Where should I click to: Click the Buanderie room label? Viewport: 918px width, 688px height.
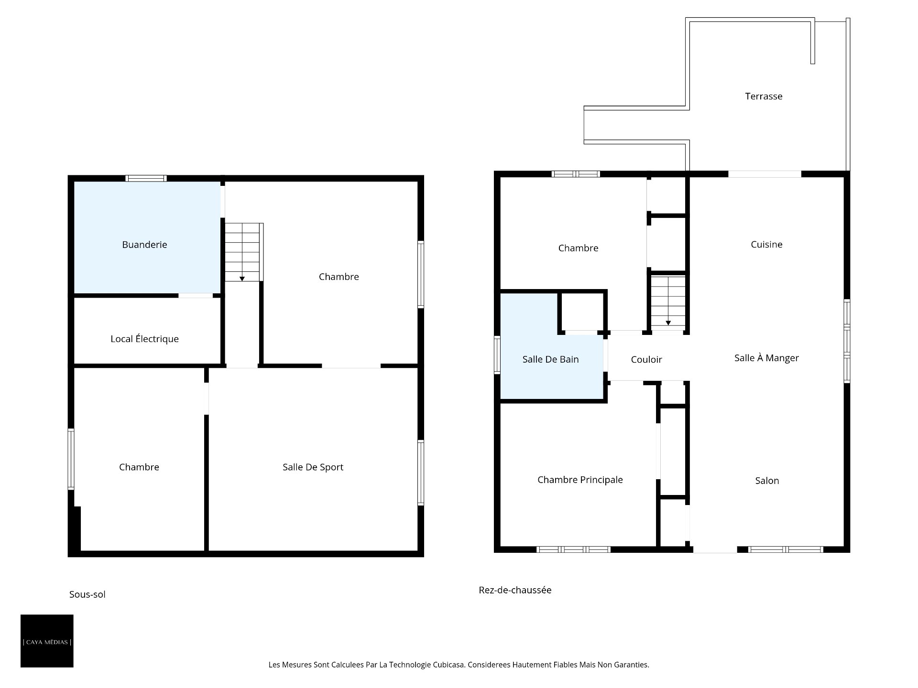tap(144, 245)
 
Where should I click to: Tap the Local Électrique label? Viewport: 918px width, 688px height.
tap(144, 339)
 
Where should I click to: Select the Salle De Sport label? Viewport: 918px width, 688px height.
tap(313, 467)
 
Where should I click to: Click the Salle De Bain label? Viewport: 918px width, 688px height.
tap(550, 359)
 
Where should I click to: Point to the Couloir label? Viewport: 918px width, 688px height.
tap(646, 360)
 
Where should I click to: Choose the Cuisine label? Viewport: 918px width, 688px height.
tap(766, 245)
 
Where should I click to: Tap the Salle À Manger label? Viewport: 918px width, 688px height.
tap(766, 358)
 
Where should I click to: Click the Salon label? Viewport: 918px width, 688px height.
tap(767, 481)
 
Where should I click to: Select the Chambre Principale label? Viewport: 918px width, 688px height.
tap(580, 480)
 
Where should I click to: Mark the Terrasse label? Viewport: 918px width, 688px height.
tap(764, 97)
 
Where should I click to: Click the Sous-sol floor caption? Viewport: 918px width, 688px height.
tap(87, 594)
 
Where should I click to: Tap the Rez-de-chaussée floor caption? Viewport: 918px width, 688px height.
tap(515, 590)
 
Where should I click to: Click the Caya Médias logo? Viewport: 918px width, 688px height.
tap(47, 641)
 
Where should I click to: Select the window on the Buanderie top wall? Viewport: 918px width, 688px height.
tap(146, 178)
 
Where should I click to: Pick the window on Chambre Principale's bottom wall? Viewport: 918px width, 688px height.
tap(573, 549)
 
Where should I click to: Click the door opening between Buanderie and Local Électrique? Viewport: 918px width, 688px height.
tap(196, 296)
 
